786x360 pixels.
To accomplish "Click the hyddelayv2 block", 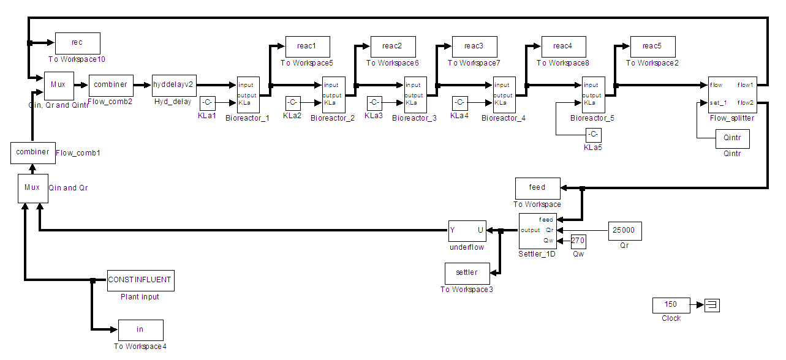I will (172, 85).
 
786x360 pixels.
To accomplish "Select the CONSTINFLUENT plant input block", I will (140, 280).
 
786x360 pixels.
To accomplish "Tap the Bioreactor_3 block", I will (415, 94).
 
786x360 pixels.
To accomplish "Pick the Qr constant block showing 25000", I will (625, 231).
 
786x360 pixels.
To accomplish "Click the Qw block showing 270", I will (578, 241).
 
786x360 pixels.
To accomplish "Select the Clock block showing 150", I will (671, 304).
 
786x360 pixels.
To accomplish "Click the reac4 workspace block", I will (563, 47).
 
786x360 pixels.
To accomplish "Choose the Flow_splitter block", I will (732, 94).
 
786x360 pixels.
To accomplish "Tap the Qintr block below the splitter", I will (732, 138).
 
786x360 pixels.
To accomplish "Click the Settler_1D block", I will (537, 231).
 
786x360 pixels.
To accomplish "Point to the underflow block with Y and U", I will (467, 231).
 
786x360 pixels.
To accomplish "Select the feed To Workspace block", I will (537, 188).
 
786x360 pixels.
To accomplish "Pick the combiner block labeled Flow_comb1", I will (32, 152).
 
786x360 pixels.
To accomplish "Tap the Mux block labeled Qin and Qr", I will (32, 187).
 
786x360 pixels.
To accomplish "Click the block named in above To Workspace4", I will (140, 330).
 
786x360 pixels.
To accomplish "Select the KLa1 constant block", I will (207, 102).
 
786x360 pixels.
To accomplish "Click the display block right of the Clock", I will (712, 305).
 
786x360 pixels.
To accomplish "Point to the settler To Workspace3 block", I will (467, 272).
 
